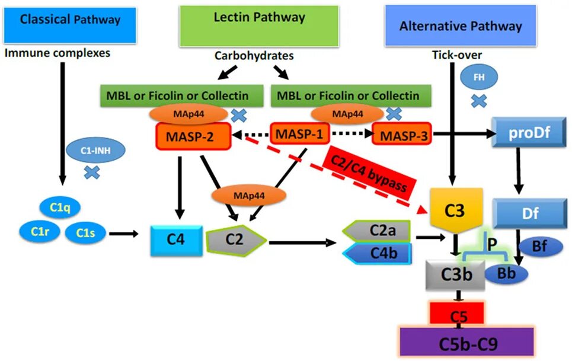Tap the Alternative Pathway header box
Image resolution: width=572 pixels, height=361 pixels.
[460, 25]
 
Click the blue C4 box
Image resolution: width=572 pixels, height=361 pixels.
[176, 239]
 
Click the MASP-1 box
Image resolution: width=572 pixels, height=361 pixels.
[300, 135]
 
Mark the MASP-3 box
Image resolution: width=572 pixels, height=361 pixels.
[402, 135]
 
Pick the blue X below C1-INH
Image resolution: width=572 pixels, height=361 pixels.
[92, 172]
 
